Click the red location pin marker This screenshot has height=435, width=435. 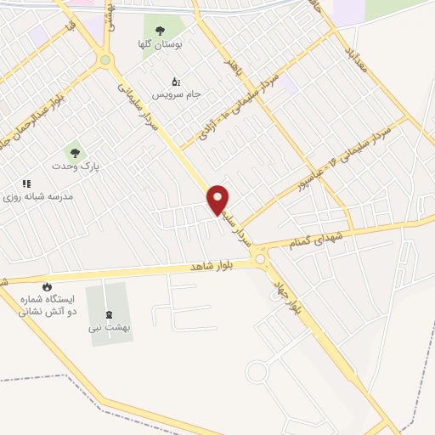[218, 198]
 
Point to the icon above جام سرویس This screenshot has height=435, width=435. [176, 82]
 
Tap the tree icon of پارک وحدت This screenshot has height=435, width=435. [76, 153]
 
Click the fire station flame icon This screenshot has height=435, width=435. [47, 286]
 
